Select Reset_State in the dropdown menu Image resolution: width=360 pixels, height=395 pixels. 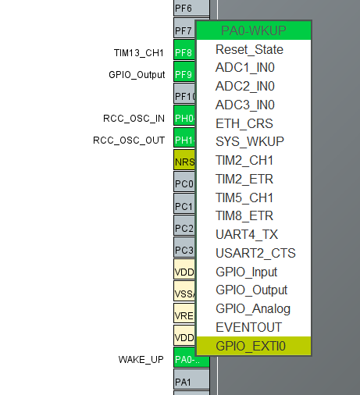[249, 49]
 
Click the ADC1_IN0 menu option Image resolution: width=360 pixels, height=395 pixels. [244, 68]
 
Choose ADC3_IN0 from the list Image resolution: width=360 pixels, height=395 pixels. [244, 105]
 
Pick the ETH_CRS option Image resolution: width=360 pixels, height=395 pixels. [244, 123]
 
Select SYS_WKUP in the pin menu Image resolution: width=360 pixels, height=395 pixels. [250, 142]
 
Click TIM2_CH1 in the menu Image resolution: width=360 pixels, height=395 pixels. [245, 160]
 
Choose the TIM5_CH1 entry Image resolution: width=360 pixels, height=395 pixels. [245, 197]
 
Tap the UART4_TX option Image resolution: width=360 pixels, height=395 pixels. [247, 234]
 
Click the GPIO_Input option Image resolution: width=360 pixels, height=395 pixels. [246, 272]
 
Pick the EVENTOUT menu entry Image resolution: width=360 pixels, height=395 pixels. [248, 327]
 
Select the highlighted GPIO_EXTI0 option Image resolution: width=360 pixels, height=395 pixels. [251, 346]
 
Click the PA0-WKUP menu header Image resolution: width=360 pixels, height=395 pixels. [254, 30]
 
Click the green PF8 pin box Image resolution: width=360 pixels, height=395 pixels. [183, 52]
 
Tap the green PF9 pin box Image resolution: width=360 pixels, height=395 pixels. [183, 74]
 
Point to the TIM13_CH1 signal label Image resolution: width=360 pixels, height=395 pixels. [139, 52]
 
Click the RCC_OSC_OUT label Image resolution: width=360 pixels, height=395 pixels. [129, 141]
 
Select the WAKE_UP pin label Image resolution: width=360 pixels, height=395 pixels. [141, 360]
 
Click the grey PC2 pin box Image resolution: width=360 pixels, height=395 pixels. [183, 228]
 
